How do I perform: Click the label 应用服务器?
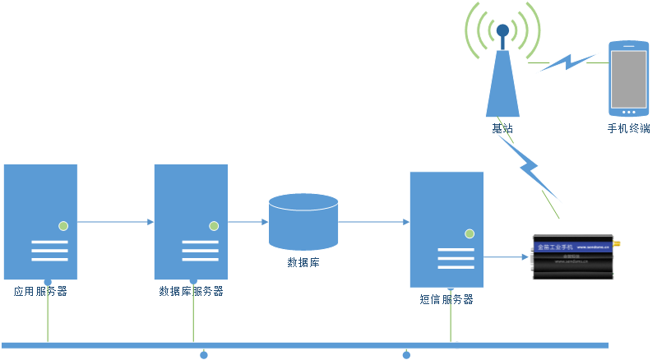click(x=40, y=291)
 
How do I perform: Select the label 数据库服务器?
click(x=191, y=291)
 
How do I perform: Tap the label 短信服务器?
click(x=446, y=299)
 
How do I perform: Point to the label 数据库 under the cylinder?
click(x=303, y=263)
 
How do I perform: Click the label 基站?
click(x=502, y=128)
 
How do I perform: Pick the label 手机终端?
click(x=629, y=128)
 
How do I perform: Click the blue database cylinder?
click(x=303, y=221)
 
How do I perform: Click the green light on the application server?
click(x=62, y=225)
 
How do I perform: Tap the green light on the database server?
click(x=213, y=225)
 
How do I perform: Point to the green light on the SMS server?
click(x=469, y=233)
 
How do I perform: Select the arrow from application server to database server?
click(x=115, y=222)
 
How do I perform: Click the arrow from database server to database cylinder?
click(x=248, y=222)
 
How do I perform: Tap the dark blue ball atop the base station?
click(x=502, y=31)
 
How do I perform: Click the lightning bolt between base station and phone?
click(x=567, y=62)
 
